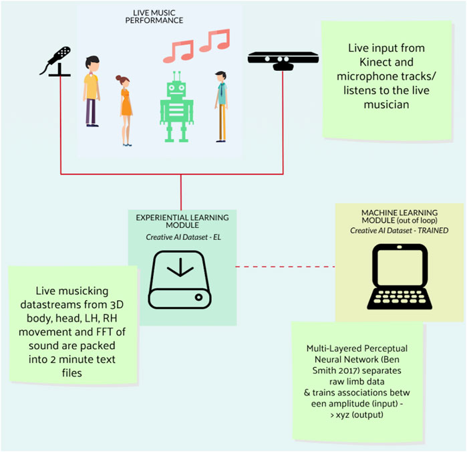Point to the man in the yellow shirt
point(92,90)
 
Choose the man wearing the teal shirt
point(221,107)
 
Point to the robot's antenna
point(176,75)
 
